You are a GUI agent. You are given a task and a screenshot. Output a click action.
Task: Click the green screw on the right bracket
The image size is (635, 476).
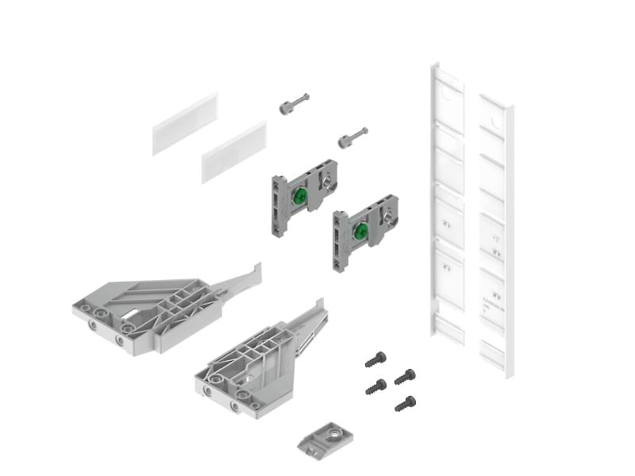pyautogui.click(x=360, y=232)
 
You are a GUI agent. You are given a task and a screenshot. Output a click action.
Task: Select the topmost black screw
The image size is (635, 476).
pyautogui.click(x=375, y=359)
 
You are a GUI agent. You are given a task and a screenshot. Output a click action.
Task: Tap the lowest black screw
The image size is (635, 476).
pyautogui.click(x=405, y=404)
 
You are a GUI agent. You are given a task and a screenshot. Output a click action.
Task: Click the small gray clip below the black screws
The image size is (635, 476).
pyautogui.click(x=325, y=438)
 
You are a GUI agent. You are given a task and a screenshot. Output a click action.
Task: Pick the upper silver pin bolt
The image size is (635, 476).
pyautogui.click(x=294, y=105)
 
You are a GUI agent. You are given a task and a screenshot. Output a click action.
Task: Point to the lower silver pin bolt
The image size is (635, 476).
pyautogui.click(x=352, y=137)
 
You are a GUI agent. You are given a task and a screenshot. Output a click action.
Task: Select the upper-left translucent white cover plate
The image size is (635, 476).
pyautogui.click(x=184, y=124)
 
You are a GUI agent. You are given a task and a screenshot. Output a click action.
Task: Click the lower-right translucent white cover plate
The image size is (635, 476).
pyautogui.click(x=233, y=152)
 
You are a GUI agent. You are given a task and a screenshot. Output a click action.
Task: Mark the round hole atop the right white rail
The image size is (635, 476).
pyautogui.click(x=495, y=123)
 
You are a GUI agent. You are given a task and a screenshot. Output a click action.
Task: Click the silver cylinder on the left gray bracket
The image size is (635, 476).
pyautogui.click(x=326, y=181)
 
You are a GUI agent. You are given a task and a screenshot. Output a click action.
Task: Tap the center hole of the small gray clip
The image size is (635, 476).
pyautogui.click(x=334, y=433)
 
